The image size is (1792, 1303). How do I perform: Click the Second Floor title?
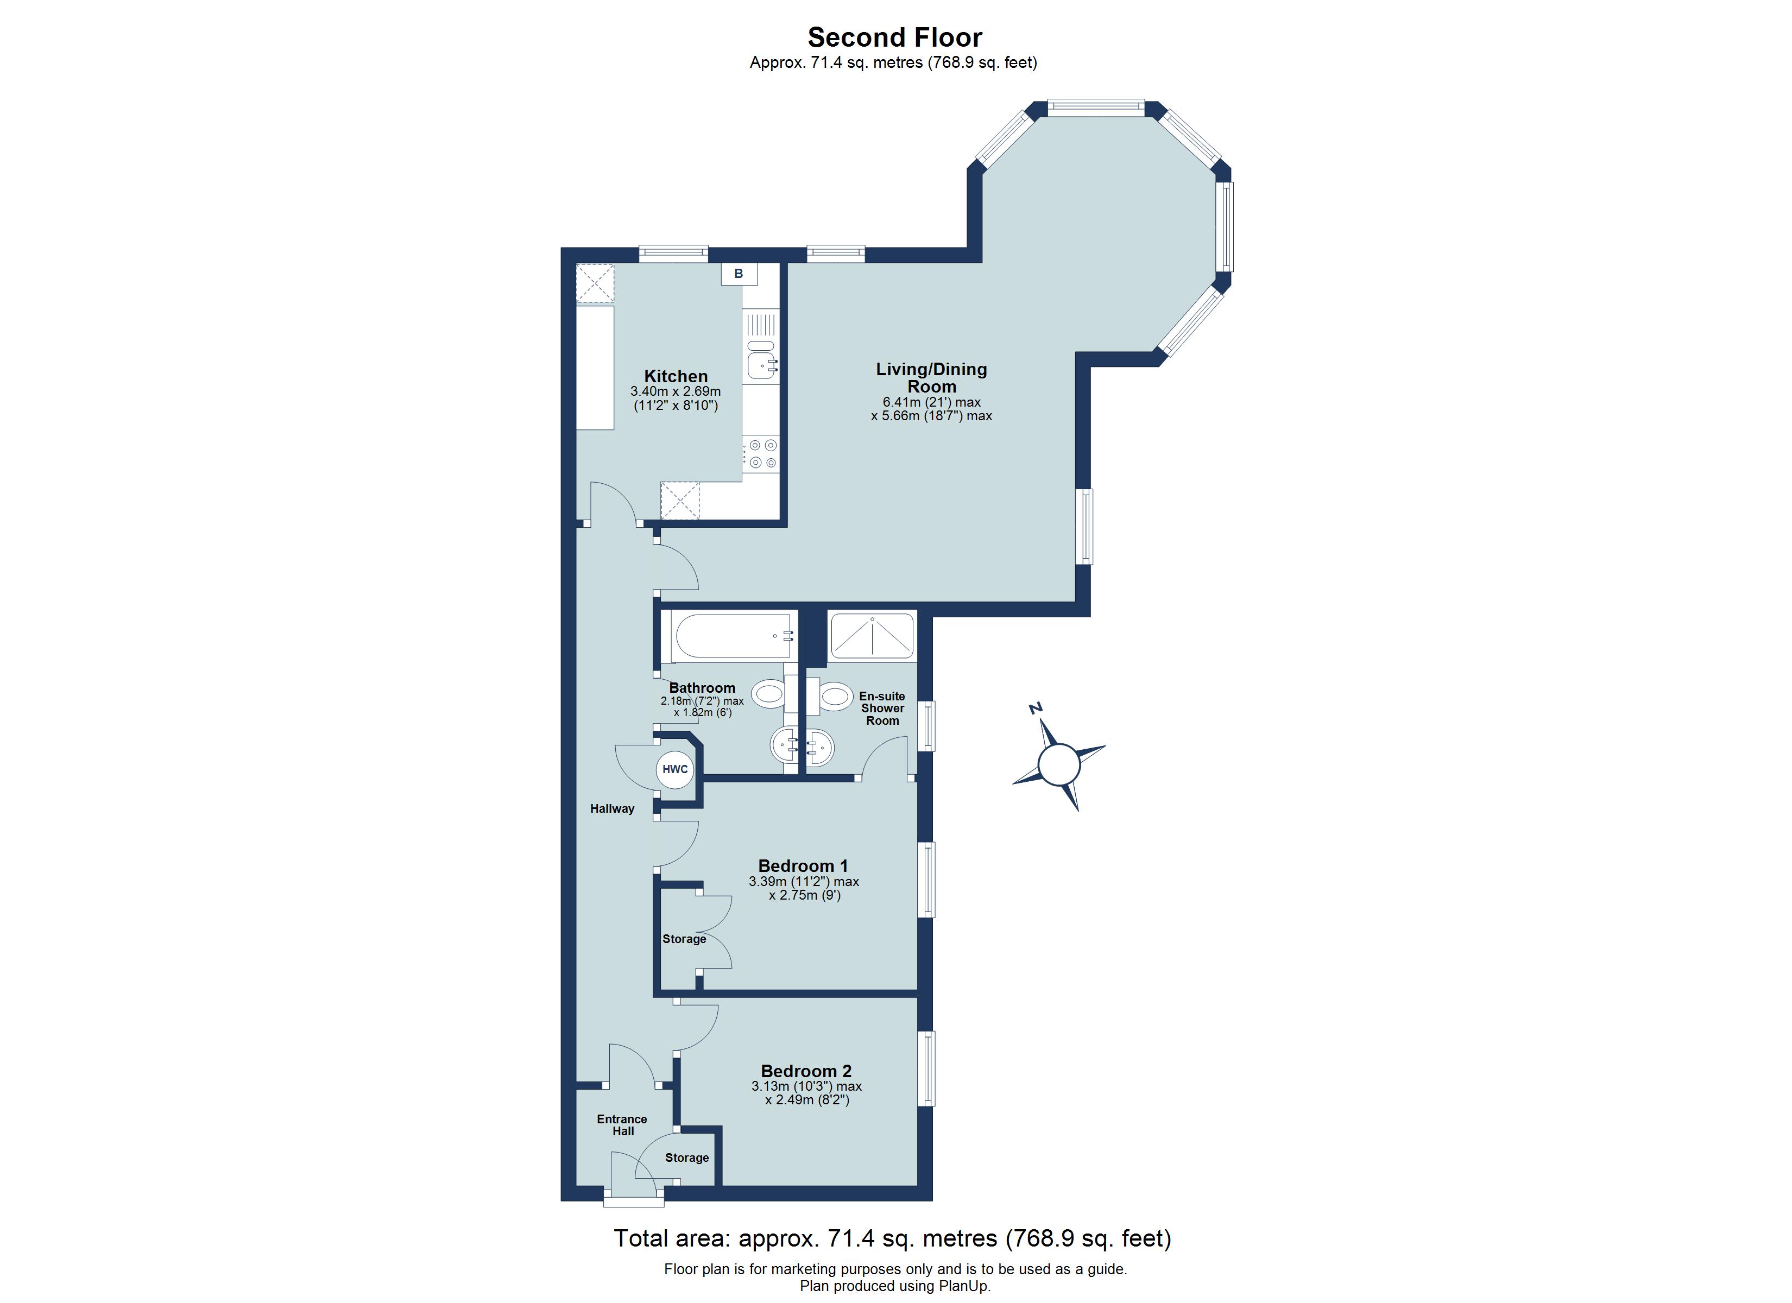coord(894,37)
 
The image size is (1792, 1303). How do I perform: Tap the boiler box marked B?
coord(739,274)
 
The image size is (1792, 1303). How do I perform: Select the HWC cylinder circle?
coord(675,769)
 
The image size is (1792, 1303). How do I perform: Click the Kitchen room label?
coord(676,376)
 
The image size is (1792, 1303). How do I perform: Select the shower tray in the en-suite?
coord(872,635)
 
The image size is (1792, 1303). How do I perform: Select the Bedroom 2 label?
coord(806,1071)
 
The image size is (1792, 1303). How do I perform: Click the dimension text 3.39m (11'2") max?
coord(804,881)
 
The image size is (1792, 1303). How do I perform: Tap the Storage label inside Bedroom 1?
coord(684,939)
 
